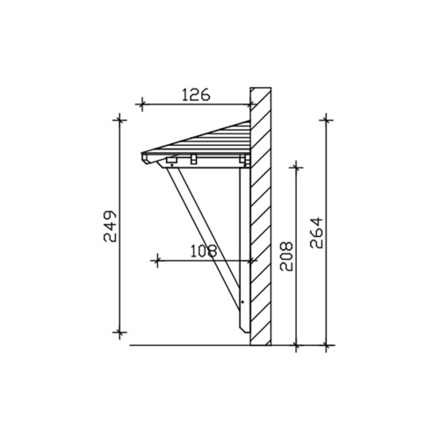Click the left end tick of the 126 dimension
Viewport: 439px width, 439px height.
click(140, 104)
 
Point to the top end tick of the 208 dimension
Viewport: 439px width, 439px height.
click(298, 165)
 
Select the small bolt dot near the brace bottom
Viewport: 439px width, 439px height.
click(241, 305)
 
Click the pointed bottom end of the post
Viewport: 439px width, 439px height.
click(245, 335)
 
